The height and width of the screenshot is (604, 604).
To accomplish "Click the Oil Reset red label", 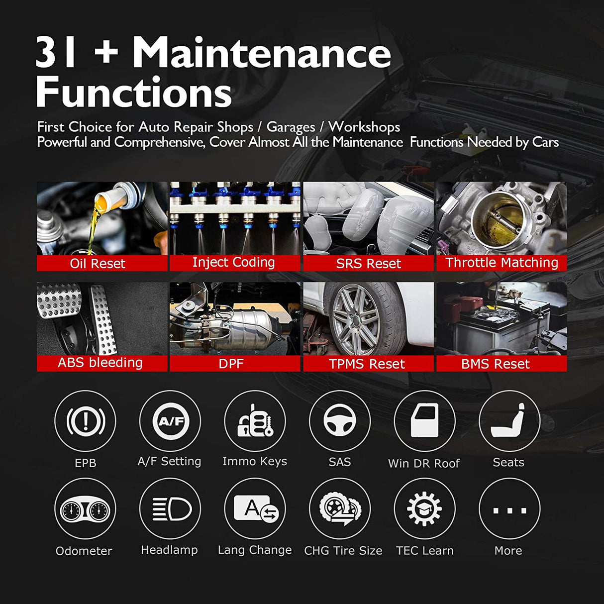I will tap(98, 263).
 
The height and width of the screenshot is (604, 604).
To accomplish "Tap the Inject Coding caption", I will tap(233, 262).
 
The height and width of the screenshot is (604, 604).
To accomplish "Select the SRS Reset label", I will tap(368, 263).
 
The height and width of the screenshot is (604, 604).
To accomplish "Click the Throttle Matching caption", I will tap(502, 262).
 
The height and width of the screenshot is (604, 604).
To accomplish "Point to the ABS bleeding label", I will tap(100, 363).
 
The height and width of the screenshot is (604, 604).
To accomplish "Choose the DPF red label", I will tap(231, 364).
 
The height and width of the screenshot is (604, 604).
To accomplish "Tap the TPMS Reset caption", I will tap(367, 364).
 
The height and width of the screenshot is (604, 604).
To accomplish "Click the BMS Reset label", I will tap(496, 364).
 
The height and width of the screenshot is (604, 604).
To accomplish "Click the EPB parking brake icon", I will tap(85, 421).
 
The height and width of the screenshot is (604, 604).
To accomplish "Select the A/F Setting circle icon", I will tap(170, 421).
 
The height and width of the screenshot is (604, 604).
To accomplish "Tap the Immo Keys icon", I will tap(255, 421).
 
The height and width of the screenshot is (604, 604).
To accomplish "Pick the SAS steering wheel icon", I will tap(340, 421).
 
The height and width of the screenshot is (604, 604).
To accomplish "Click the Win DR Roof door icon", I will tap(424, 421).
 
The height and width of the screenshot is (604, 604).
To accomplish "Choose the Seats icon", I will tap(509, 421).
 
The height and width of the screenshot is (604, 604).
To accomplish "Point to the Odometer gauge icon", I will tap(85, 509).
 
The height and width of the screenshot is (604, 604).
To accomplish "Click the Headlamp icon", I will tap(170, 509).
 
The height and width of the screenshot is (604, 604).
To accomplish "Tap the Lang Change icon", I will tap(255, 509).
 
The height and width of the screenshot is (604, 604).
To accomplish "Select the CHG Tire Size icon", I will tap(340, 509).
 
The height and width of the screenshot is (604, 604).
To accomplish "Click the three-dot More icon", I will tap(509, 509).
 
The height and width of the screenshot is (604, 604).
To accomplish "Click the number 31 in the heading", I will tap(56, 53).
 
